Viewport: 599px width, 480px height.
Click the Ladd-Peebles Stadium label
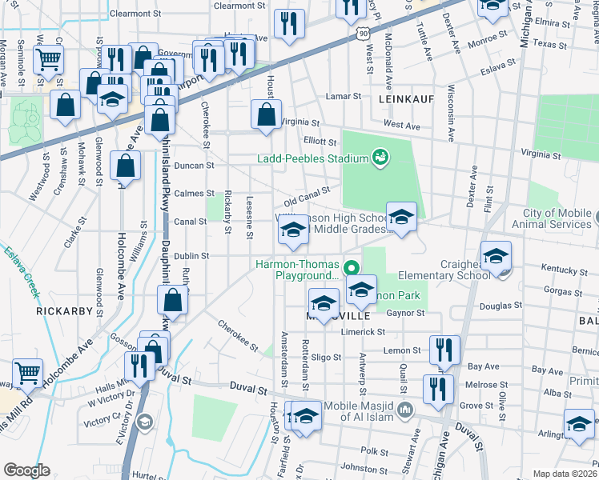(x=312, y=158)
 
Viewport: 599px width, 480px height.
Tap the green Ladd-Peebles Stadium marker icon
(x=381, y=158)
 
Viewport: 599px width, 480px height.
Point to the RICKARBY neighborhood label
(x=60, y=308)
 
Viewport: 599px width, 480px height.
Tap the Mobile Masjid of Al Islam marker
(x=406, y=410)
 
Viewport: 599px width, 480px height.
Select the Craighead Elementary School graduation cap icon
(x=496, y=256)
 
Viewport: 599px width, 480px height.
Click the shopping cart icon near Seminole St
(x=49, y=58)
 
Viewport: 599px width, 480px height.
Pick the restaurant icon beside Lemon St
(x=444, y=349)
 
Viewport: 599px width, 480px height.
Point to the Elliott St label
(x=309, y=141)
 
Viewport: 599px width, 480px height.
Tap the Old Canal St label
(x=307, y=194)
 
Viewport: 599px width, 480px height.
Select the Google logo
(x=26, y=470)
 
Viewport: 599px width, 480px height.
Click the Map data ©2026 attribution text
(x=565, y=474)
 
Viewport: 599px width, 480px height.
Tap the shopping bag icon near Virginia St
(x=265, y=114)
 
